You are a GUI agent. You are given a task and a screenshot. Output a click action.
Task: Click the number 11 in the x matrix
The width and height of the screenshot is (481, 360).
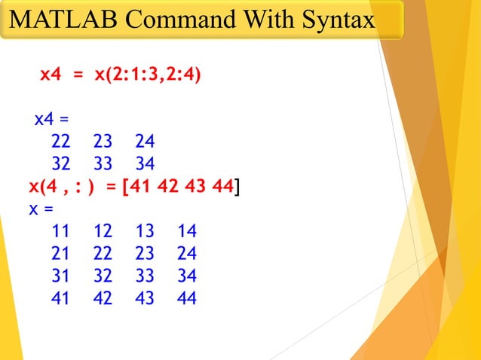(x=60, y=231)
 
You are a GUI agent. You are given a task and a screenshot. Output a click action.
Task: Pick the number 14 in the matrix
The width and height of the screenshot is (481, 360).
(x=186, y=231)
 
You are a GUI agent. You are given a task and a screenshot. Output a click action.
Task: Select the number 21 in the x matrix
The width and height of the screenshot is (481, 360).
(x=60, y=254)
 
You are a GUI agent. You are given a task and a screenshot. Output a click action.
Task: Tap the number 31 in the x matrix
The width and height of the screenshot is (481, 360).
(x=60, y=276)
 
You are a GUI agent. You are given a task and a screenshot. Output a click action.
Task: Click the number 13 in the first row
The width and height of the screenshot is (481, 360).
(x=145, y=231)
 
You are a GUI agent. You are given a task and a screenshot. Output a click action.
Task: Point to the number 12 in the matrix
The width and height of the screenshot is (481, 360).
(x=103, y=231)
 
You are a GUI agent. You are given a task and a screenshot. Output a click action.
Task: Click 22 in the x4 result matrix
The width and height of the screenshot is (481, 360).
(x=60, y=142)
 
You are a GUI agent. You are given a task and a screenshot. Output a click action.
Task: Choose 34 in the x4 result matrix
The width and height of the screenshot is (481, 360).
(x=145, y=164)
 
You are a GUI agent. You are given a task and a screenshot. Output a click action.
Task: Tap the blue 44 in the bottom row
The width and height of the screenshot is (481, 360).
(x=186, y=299)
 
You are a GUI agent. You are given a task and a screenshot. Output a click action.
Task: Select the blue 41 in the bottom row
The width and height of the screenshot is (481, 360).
(x=60, y=299)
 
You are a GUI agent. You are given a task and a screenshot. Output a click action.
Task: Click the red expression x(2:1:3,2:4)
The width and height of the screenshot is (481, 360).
(x=148, y=75)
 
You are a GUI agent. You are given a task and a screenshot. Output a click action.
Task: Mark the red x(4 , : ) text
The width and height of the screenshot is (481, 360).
(x=61, y=187)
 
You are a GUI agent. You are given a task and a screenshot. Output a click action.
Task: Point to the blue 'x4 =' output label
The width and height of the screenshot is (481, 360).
(x=51, y=119)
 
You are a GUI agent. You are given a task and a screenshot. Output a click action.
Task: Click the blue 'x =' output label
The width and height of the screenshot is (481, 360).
(x=41, y=209)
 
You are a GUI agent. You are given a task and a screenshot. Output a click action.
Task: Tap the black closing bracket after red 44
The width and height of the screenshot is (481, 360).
(x=238, y=187)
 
